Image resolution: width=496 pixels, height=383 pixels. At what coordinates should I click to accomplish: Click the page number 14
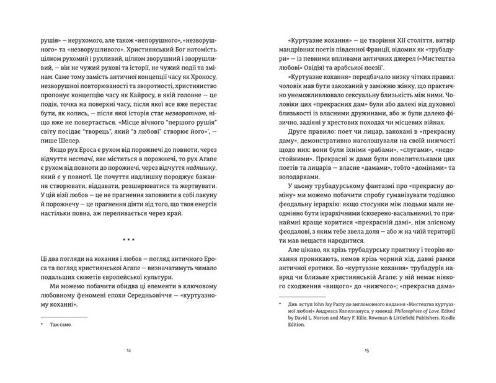click(128, 352)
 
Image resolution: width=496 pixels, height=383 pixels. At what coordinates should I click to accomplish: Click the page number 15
click(367, 352)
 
